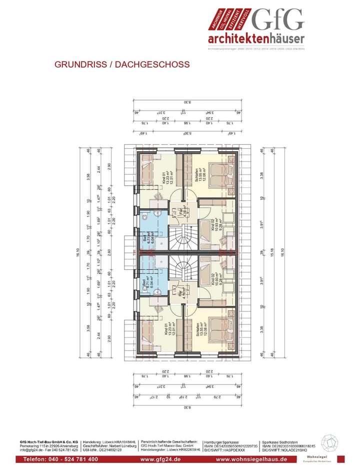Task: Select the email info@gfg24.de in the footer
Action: coord(31,450)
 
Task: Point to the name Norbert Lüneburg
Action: coord(121,446)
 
